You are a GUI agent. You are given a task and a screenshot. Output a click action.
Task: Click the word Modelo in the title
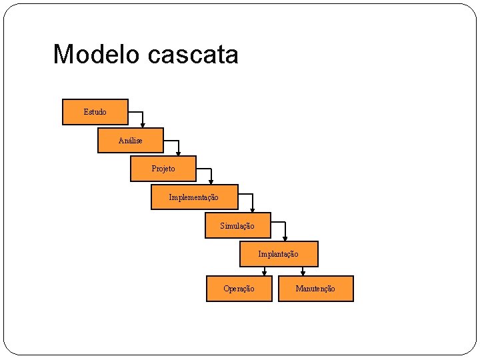pos(97,54)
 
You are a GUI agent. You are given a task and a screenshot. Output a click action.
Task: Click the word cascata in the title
pos(193,55)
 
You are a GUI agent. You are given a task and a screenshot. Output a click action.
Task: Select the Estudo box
pos(95,112)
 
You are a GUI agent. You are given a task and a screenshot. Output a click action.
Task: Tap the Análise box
pos(130,141)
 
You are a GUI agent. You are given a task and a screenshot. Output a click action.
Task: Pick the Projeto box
pos(163,169)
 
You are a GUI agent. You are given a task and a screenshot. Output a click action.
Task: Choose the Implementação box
pos(194,197)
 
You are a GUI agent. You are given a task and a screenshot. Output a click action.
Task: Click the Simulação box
pos(237,226)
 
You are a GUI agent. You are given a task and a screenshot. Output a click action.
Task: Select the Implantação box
pos(279,254)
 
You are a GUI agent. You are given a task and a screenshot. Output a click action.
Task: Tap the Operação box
pos(239,289)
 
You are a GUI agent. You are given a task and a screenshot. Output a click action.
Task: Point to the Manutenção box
pos(315,289)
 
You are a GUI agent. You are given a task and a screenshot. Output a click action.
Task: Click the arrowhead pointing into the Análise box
pos(143,125)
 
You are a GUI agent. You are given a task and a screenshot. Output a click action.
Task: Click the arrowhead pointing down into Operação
pos(265,273)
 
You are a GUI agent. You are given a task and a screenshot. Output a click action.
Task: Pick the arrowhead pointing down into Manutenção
pos(303,273)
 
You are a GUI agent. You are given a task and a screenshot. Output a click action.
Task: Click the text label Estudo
pos(95,112)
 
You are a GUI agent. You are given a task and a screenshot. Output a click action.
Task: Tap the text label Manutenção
pos(315,289)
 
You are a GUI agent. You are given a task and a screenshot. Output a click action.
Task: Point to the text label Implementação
pos(194,197)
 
